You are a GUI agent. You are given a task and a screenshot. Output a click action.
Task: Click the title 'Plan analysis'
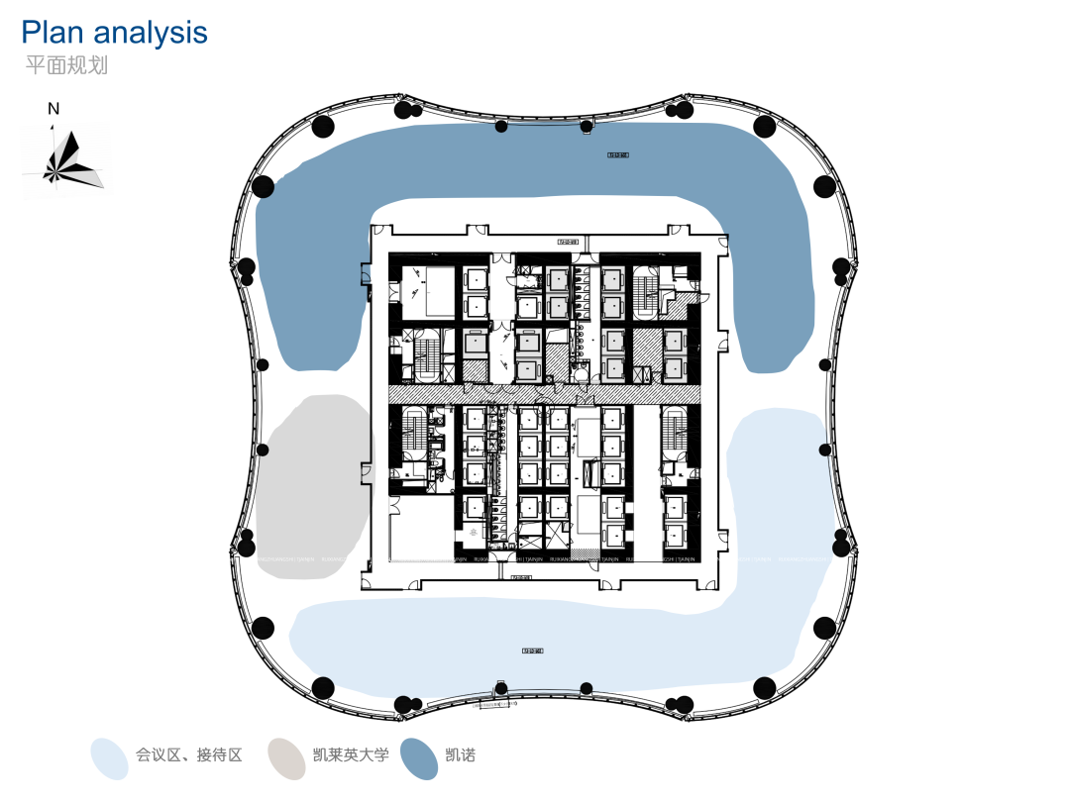(115, 33)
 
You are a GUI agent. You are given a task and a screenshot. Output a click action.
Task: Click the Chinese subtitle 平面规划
(66, 66)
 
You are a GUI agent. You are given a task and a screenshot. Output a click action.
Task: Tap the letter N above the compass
(53, 109)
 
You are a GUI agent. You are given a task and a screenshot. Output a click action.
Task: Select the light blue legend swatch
(110, 757)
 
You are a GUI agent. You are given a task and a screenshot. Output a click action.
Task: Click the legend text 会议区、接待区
(189, 755)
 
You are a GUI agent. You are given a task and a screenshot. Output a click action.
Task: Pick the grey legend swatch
(286, 757)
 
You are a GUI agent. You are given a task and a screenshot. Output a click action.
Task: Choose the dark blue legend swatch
(419, 757)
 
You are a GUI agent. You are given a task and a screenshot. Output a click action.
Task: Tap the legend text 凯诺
(461, 755)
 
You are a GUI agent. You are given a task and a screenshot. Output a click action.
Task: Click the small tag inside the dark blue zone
(618, 154)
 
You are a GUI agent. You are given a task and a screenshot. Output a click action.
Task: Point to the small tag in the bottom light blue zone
(532, 651)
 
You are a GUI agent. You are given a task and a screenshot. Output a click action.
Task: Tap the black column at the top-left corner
(322, 126)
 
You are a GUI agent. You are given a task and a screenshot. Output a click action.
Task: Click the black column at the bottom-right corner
(764, 687)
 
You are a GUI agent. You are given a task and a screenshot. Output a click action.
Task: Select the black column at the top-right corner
(764, 126)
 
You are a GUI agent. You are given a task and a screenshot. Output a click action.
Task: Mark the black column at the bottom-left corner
(322, 687)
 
